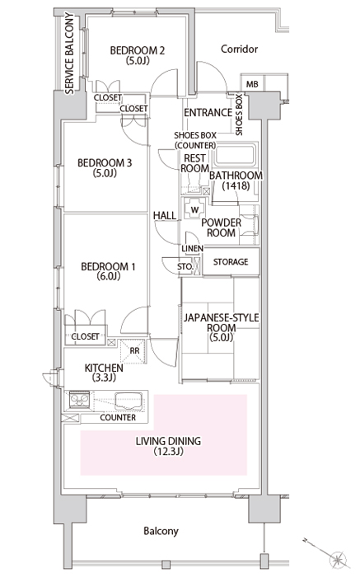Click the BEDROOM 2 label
click(137, 55)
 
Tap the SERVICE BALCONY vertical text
click(69, 54)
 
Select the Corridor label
click(240, 49)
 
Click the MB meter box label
click(252, 84)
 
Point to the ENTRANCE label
click(208, 113)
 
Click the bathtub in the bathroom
click(236, 155)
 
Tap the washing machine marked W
click(194, 209)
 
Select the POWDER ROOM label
click(221, 228)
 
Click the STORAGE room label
click(231, 261)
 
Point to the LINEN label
click(192, 249)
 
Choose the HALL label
click(165, 216)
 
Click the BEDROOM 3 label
click(105, 167)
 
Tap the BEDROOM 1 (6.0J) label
click(108, 271)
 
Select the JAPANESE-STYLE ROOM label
click(221, 327)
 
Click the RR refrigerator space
click(134, 350)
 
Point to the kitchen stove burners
click(79, 399)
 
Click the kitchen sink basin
click(129, 401)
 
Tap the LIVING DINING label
click(168, 446)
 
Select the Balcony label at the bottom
click(161, 531)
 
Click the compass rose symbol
click(337, 560)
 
